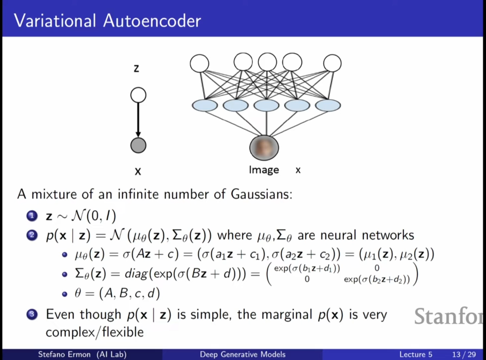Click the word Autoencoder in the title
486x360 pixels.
pos(152,21)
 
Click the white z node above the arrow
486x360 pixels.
pos(138,95)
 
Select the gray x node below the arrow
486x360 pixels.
pos(138,145)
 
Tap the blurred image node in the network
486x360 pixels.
pos(264,147)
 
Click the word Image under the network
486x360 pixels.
pos(264,170)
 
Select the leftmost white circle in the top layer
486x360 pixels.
pos(200,63)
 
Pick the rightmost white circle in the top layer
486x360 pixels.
pos(332,63)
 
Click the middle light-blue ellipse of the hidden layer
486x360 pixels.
pos(266,105)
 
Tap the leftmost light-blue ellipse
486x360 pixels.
pos(205,105)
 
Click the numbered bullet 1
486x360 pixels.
pos(32,216)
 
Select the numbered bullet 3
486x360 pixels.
pos(32,314)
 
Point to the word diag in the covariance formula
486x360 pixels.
pos(136,274)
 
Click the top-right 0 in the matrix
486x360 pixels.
pos(377,268)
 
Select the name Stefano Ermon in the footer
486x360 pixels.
pos(64,354)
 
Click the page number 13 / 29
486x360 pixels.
pos(464,354)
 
